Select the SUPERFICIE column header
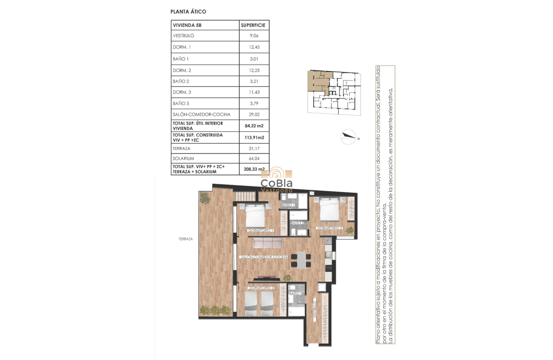tap(254, 25)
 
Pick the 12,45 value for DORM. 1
tap(254, 47)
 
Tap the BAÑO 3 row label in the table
tap(180, 103)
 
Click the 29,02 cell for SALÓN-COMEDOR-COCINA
tap(254, 114)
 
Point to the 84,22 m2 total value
tap(254, 126)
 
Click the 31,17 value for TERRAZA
tap(254, 148)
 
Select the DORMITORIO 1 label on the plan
tap(261, 231)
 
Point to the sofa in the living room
tap(267, 243)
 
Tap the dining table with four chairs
tap(302, 260)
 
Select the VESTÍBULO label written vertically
tap(314, 309)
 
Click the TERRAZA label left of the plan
tap(186, 239)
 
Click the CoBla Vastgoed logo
tap(276, 180)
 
